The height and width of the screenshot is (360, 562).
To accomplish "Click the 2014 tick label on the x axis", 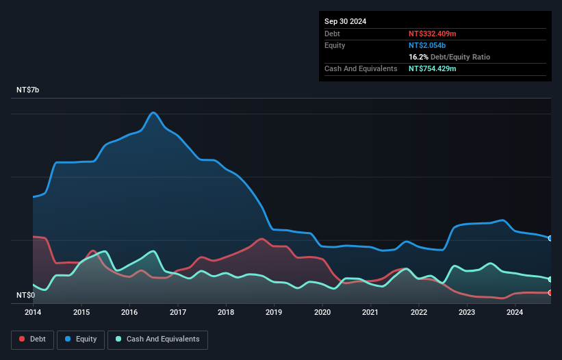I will (x=33, y=312).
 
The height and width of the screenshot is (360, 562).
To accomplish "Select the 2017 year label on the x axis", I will (x=178, y=312).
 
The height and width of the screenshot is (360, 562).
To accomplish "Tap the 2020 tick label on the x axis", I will (x=322, y=312).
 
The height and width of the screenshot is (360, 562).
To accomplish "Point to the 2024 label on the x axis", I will (x=515, y=312).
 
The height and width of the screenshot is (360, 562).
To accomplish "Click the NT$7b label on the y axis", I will (x=28, y=90).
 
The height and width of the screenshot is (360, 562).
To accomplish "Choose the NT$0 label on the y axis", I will (x=25, y=295).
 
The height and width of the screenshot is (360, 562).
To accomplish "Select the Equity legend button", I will (x=81, y=339).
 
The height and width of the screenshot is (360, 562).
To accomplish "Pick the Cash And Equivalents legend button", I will (x=157, y=339).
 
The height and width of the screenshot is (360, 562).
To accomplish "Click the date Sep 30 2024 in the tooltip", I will (x=345, y=21).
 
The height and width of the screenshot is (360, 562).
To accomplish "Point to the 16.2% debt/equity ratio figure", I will (x=418, y=57).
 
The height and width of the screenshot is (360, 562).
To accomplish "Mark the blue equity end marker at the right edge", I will (x=550, y=238).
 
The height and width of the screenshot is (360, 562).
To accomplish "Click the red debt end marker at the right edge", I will (x=550, y=292).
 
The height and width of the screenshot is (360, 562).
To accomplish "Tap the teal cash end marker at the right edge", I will (x=550, y=279).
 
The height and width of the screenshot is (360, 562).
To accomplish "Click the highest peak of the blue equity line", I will (x=153, y=112).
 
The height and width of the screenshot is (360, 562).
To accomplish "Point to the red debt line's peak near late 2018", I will (x=261, y=239).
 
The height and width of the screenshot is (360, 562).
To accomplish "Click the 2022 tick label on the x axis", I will (x=419, y=312).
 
